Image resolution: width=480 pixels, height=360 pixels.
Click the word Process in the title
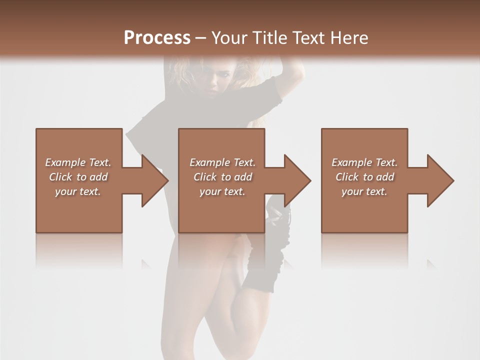click(157, 37)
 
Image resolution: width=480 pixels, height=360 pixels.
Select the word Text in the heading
click(308, 38)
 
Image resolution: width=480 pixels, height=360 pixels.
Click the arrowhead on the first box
click(155, 180)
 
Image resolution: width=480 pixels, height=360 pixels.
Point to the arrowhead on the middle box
click(297, 180)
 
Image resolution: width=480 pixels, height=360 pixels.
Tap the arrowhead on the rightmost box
click(440, 180)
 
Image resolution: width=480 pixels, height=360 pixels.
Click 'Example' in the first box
click(65, 162)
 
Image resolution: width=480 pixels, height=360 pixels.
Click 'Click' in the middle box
click(204, 177)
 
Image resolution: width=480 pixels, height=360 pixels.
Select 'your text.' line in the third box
click(364, 191)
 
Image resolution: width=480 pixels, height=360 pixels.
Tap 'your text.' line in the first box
click(78, 191)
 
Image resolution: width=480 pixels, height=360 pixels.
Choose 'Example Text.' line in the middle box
click(222, 162)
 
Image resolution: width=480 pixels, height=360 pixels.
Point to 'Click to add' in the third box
click(364, 177)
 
